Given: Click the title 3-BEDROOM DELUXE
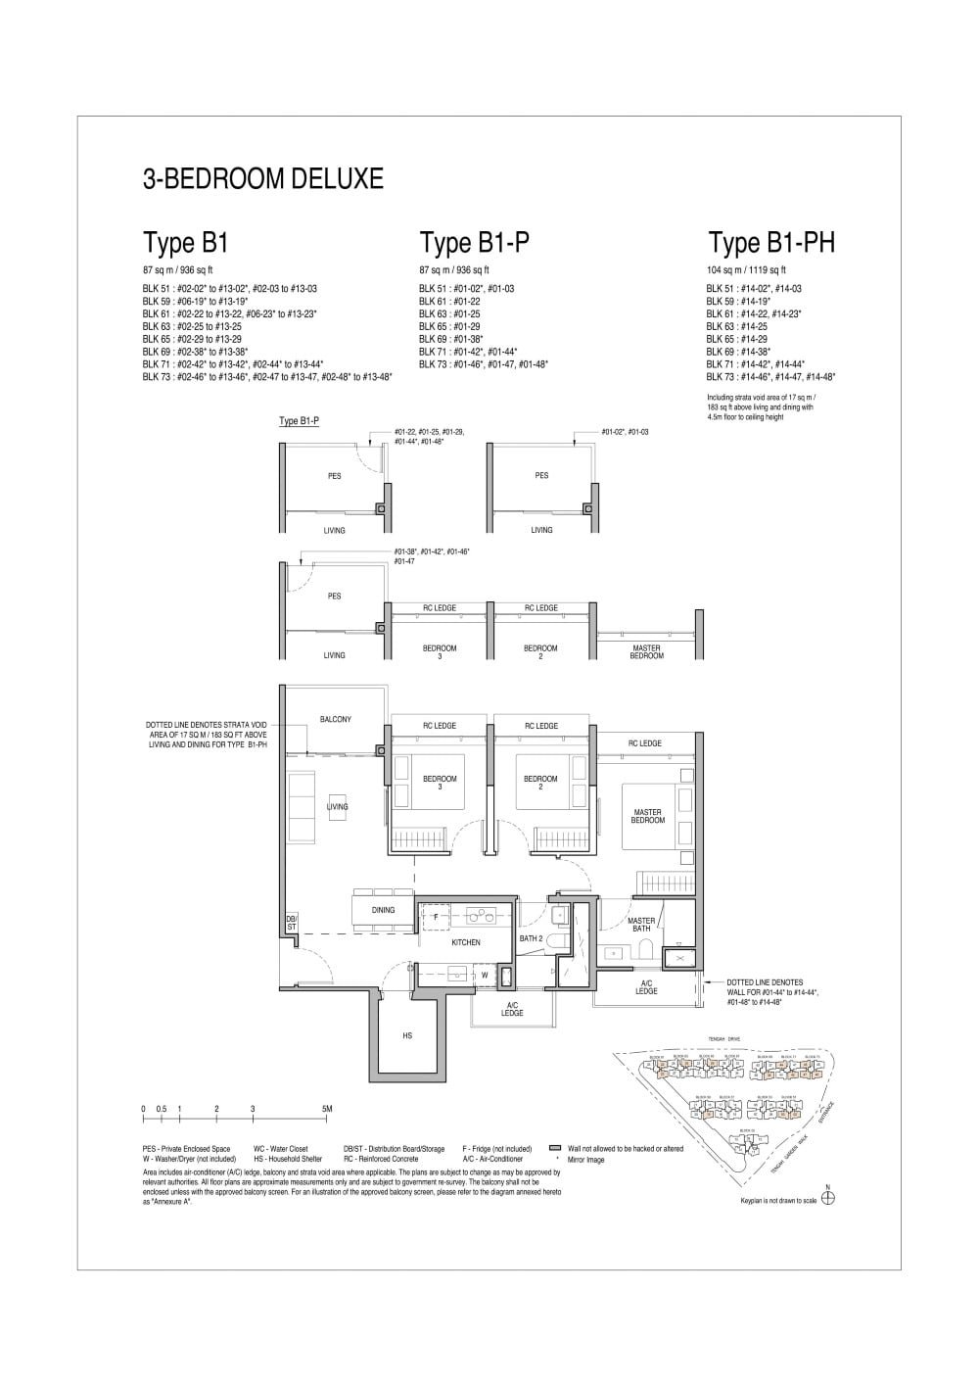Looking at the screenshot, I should [262, 179].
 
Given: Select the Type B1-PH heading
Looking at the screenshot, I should [771, 243].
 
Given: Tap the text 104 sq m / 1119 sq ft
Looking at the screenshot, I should [746, 269].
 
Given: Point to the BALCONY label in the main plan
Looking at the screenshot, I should [335, 719].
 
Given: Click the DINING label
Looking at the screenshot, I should [383, 910].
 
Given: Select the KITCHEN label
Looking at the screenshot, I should [465, 942].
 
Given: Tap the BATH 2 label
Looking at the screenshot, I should [531, 939].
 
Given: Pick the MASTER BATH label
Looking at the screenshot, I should [641, 925].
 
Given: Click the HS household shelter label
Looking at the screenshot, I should [406, 1034].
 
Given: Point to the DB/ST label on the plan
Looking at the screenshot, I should [291, 923].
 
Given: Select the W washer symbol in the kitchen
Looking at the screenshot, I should [484, 976].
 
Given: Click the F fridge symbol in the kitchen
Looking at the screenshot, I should [436, 916].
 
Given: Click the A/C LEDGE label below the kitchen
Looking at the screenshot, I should [511, 1009].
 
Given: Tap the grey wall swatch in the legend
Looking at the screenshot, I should [554, 1148].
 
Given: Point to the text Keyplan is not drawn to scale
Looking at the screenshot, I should [778, 1201].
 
